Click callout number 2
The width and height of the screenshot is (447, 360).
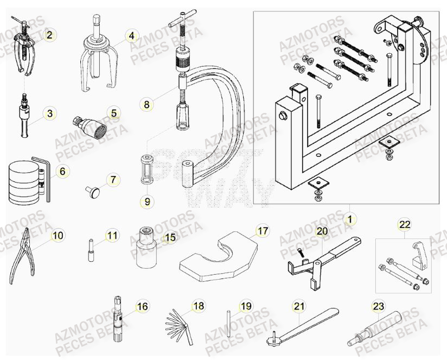point(49,36)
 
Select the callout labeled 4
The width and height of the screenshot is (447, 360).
point(131,36)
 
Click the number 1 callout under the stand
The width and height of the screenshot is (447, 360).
point(350,220)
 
